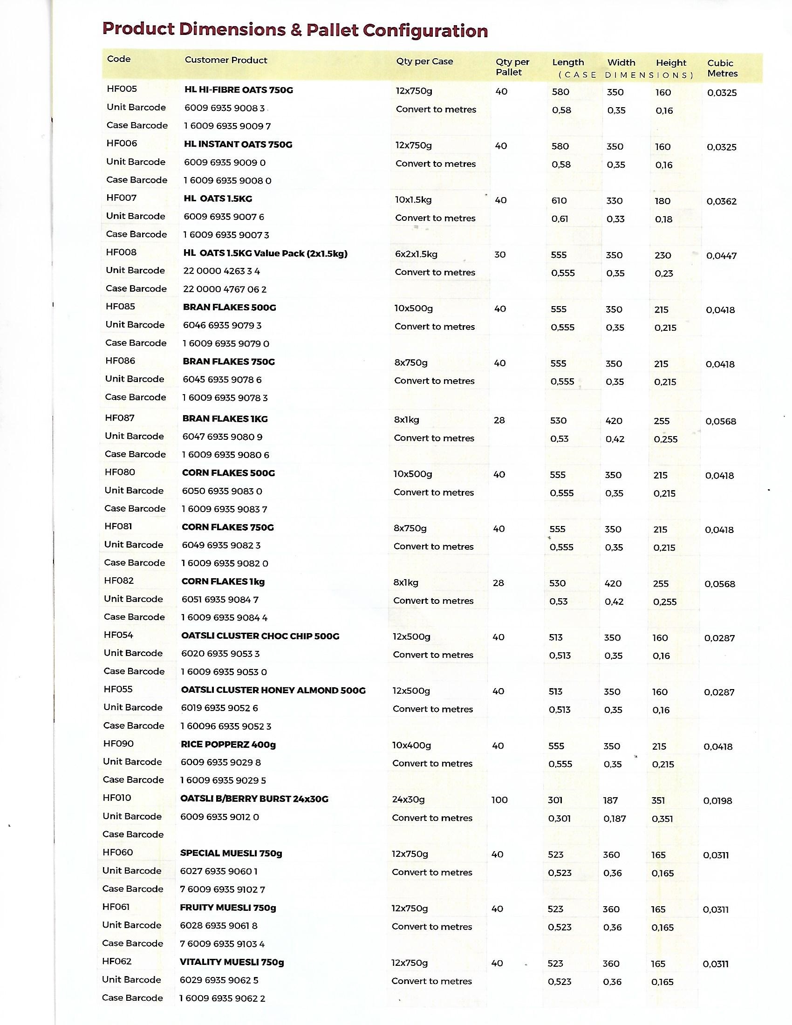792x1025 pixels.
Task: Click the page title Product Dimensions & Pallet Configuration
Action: coord(294,30)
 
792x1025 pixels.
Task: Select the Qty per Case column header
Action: coord(424,61)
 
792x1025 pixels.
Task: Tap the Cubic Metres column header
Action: coord(722,68)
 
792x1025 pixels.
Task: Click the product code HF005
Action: coord(122,89)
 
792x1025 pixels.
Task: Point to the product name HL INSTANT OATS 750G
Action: coord(238,144)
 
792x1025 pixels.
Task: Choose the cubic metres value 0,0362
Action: coord(721,201)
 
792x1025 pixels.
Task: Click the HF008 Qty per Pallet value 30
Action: coord(500,254)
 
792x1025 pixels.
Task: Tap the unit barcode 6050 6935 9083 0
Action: coord(222,491)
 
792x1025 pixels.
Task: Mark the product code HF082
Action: coord(119,581)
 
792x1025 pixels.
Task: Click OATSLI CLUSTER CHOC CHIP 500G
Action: coord(260,636)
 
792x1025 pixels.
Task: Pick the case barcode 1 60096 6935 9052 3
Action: coord(226,726)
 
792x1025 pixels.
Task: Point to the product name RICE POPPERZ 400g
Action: coord(228,745)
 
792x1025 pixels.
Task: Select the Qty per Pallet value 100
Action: coord(499,799)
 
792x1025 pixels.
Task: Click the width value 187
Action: coord(610,800)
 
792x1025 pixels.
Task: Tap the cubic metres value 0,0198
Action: coord(717,800)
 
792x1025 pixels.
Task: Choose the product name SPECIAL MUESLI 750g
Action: coord(231,853)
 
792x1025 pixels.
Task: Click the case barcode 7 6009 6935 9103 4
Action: coord(222,944)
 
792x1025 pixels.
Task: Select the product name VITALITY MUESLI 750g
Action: coord(232,962)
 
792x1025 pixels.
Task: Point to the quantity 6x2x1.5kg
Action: coord(416,254)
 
